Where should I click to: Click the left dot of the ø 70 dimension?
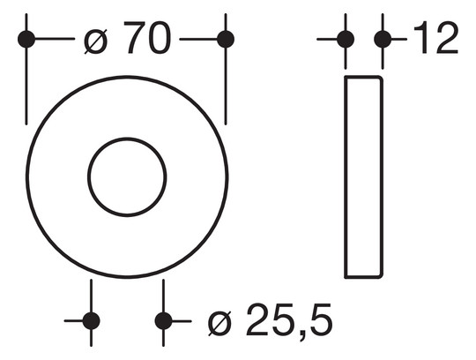(x=26, y=39)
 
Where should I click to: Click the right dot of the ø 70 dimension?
(x=226, y=39)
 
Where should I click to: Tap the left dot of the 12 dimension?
(x=346, y=39)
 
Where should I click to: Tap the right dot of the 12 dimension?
(x=383, y=39)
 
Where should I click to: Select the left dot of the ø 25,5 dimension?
(x=91, y=320)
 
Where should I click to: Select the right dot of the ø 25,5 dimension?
(x=163, y=320)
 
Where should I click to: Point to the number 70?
(x=147, y=39)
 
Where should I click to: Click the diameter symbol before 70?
(x=97, y=40)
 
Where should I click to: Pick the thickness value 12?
(x=435, y=39)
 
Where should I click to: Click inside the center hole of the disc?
(x=127, y=176)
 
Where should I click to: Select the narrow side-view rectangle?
(x=363, y=176)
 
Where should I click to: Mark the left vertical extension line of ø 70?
(x=26, y=88)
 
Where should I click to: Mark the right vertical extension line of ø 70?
(x=226, y=88)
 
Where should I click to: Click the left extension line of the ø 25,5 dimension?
(x=91, y=296)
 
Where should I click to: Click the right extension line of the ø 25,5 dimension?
(x=163, y=296)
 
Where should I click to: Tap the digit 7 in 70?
(x=134, y=39)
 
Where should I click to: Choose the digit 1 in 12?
(x=420, y=39)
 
